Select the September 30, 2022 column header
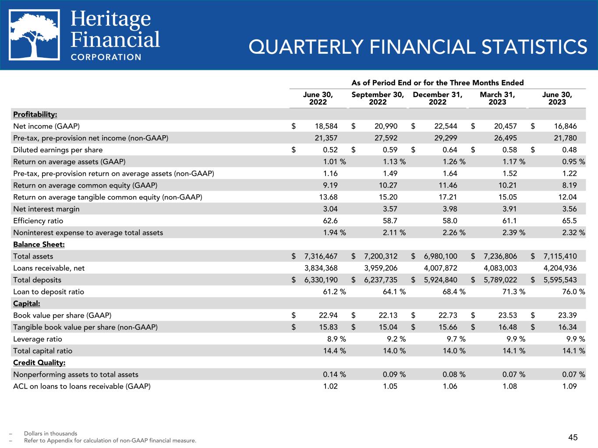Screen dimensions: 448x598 (378, 98)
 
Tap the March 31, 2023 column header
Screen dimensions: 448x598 (497, 98)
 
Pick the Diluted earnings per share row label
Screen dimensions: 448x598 (58, 150)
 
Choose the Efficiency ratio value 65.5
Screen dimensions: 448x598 (569, 220)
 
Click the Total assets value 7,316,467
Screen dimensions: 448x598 (321, 256)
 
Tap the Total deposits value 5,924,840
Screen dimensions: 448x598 (440, 280)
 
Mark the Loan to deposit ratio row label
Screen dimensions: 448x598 (49, 291)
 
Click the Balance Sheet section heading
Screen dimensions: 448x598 (33, 244)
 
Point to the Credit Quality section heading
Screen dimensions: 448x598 (39, 362)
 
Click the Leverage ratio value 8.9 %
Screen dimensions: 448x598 (334, 339)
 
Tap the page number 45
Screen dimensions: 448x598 (573, 437)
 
